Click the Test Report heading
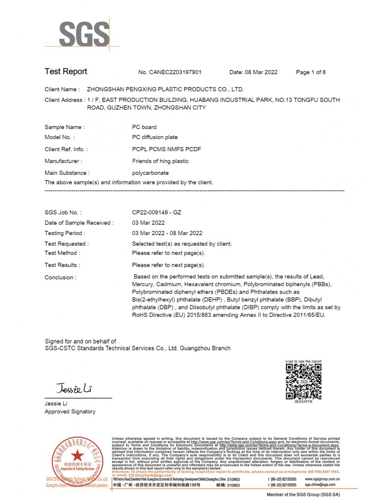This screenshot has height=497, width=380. pyautogui.click(x=66, y=71)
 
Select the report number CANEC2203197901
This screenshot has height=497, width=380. pyautogui.click(x=170, y=72)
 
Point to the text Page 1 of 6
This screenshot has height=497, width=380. pyautogui.click(x=310, y=72)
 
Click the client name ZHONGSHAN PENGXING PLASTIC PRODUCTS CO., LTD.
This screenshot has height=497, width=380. pyautogui.click(x=165, y=89)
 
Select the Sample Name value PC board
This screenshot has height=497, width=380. pyautogui.click(x=144, y=127)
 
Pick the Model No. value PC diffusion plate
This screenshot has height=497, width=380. pyautogui.click(x=155, y=137)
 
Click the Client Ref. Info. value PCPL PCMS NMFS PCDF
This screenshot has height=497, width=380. pyautogui.click(x=166, y=149)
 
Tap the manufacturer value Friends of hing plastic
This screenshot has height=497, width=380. pyautogui.click(x=160, y=161)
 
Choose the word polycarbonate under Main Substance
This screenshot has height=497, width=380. pyautogui.click(x=150, y=173)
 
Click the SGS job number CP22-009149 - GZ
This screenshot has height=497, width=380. pyautogui.click(x=156, y=212)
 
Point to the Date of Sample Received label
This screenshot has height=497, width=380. pyautogui.click(x=79, y=223)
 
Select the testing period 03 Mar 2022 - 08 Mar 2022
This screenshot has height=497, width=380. pyautogui.click(x=167, y=233)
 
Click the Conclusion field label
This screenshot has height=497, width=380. pyautogui.click(x=60, y=277)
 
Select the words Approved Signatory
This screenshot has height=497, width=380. pyautogui.click(x=70, y=411)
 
